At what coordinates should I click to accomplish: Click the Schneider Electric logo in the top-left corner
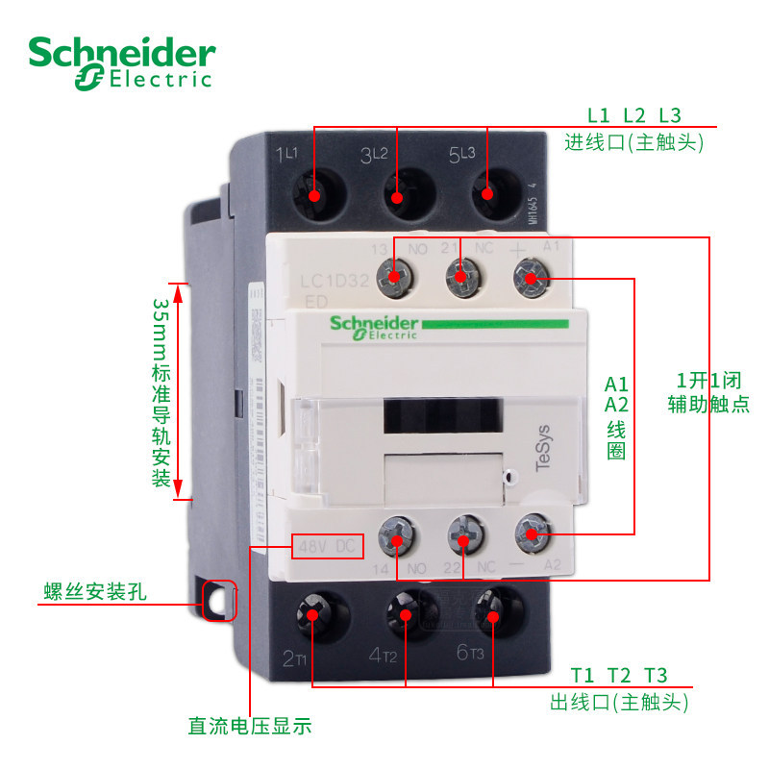(121, 63)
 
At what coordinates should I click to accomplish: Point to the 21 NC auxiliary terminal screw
(461, 279)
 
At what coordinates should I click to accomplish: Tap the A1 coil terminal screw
(530, 279)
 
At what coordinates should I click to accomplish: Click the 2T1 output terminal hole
(314, 613)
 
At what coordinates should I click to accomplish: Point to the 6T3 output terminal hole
(492, 613)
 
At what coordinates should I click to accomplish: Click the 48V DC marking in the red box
(328, 547)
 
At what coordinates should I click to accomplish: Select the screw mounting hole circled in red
(221, 602)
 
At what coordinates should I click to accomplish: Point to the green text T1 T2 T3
(619, 675)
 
